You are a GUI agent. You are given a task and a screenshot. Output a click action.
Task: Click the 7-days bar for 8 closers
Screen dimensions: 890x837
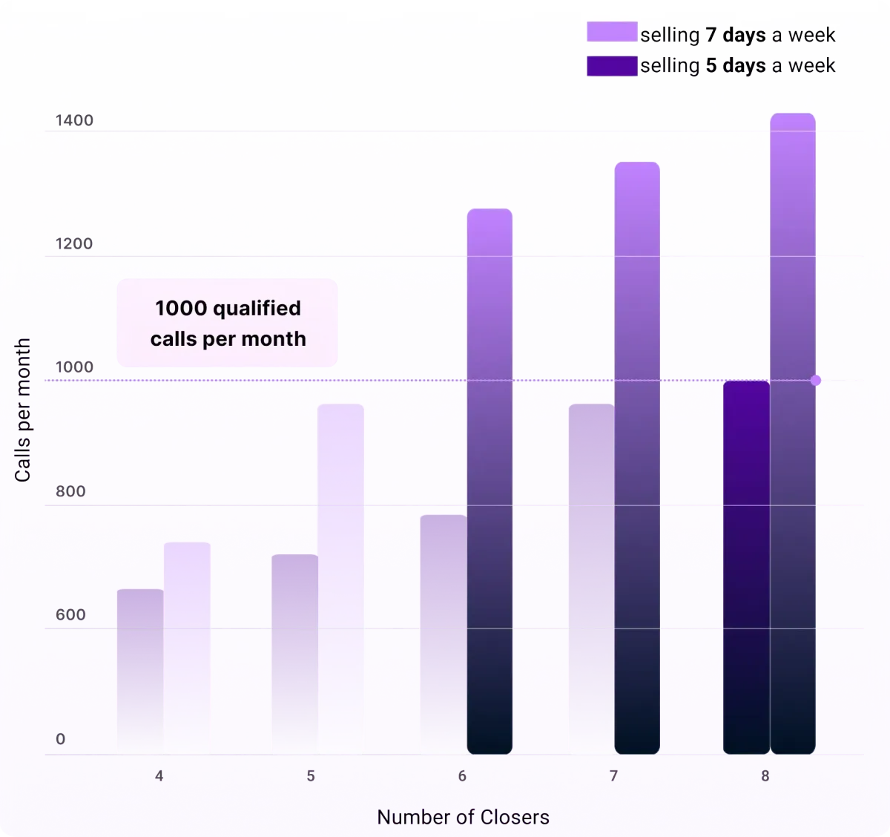(x=792, y=433)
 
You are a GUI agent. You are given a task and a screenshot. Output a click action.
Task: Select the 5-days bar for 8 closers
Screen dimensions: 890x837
(x=746, y=567)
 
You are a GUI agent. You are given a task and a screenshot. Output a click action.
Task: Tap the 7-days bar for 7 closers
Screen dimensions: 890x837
(x=637, y=458)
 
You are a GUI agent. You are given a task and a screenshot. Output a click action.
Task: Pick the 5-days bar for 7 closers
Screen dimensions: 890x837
(x=592, y=579)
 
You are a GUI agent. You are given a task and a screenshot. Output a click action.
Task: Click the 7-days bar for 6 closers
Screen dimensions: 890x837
(x=489, y=481)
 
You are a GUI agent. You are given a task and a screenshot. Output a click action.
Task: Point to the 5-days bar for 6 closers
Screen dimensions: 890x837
(x=444, y=634)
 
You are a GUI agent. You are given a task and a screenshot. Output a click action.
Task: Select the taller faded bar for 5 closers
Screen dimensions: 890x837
(x=340, y=579)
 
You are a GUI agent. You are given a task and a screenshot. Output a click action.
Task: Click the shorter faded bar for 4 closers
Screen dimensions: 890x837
(x=140, y=672)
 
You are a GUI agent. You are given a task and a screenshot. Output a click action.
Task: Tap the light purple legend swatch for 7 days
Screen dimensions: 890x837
(x=612, y=31)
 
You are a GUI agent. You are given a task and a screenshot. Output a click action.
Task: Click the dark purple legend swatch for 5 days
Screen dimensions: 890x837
(x=612, y=66)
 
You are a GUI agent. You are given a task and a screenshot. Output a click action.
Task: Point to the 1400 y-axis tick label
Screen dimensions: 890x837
(x=74, y=120)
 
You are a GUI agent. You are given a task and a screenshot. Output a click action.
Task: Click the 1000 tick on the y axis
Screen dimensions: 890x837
(x=74, y=367)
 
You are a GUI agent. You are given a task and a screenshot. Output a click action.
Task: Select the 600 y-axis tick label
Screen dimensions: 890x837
(x=70, y=614)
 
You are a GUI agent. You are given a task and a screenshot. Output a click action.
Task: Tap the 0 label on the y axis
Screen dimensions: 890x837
(x=61, y=739)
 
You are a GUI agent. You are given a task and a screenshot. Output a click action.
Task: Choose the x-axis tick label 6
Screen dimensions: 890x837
(x=462, y=776)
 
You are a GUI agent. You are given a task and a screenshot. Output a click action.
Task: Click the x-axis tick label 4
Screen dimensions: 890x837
(x=159, y=776)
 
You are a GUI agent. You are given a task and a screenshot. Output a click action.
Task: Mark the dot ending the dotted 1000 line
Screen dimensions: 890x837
(x=816, y=381)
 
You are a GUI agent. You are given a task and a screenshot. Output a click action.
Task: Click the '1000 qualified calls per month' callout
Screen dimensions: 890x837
(x=227, y=323)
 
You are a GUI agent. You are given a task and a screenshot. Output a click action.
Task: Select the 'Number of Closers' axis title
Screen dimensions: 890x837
(x=463, y=817)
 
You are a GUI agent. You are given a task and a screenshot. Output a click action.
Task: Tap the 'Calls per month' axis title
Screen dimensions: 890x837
(x=22, y=410)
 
